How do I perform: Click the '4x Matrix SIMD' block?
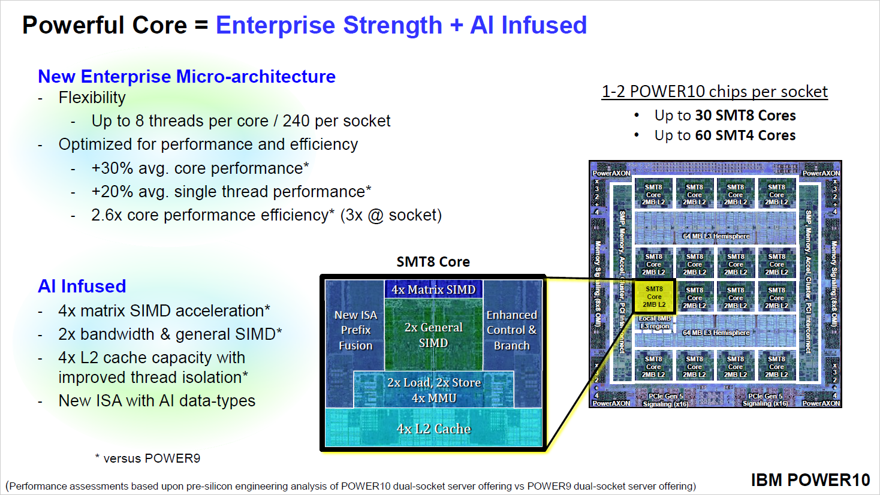(x=433, y=289)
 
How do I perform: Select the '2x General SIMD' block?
(x=433, y=335)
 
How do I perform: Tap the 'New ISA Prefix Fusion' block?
(x=355, y=330)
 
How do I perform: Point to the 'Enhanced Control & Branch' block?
(x=511, y=330)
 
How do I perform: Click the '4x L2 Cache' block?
(x=433, y=428)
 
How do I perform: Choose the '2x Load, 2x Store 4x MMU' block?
(x=433, y=390)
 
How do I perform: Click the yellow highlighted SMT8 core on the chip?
(x=654, y=297)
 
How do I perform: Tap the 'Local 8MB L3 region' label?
(x=655, y=322)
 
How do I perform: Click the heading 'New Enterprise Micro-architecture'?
(x=186, y=77)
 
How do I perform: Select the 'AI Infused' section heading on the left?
(x=82, y=286)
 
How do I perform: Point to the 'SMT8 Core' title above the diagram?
(x=433, y=262)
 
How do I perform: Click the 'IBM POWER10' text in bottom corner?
(x=810, y=480)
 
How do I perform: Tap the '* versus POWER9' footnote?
(x=147, y=458)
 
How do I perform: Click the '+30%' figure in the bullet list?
(x=113, y=168)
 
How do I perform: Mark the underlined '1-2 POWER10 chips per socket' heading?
(x=715, y=92)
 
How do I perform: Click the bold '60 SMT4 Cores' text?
(x=745, y=135)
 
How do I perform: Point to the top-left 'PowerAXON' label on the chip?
(x=611, y=173)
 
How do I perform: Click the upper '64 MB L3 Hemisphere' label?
(x=716, y=236)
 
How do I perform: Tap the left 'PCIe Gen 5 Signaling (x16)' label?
(x=665, y=400)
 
